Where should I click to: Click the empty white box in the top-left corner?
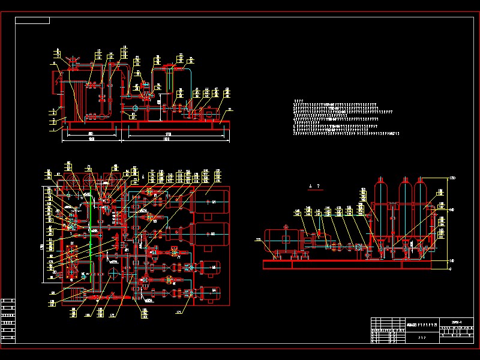32,20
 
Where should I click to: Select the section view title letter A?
310,187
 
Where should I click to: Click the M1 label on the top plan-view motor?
213,202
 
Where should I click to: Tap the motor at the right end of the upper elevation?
211,112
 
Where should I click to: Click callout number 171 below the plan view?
178,312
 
